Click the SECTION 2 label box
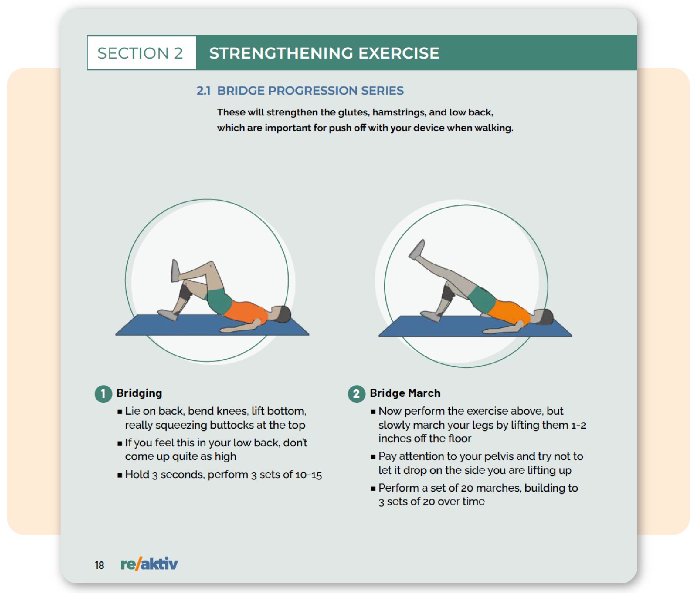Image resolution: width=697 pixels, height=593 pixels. (141, 53)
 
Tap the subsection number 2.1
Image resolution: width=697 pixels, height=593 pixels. (203, 91)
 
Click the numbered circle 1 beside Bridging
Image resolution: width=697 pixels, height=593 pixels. (103, 394)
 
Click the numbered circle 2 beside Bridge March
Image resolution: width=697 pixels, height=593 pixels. (356, 394)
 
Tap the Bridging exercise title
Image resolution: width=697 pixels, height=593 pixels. (139, 393)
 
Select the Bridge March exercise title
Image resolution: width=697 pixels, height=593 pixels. (405, 393)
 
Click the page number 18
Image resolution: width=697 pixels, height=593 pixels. (99, 565)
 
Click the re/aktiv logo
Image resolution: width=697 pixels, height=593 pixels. (149, 564)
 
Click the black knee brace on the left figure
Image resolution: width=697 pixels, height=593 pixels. (185, 291)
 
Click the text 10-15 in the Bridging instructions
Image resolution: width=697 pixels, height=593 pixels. (308, 475)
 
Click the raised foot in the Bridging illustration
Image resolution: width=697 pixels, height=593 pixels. (175, 271)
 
